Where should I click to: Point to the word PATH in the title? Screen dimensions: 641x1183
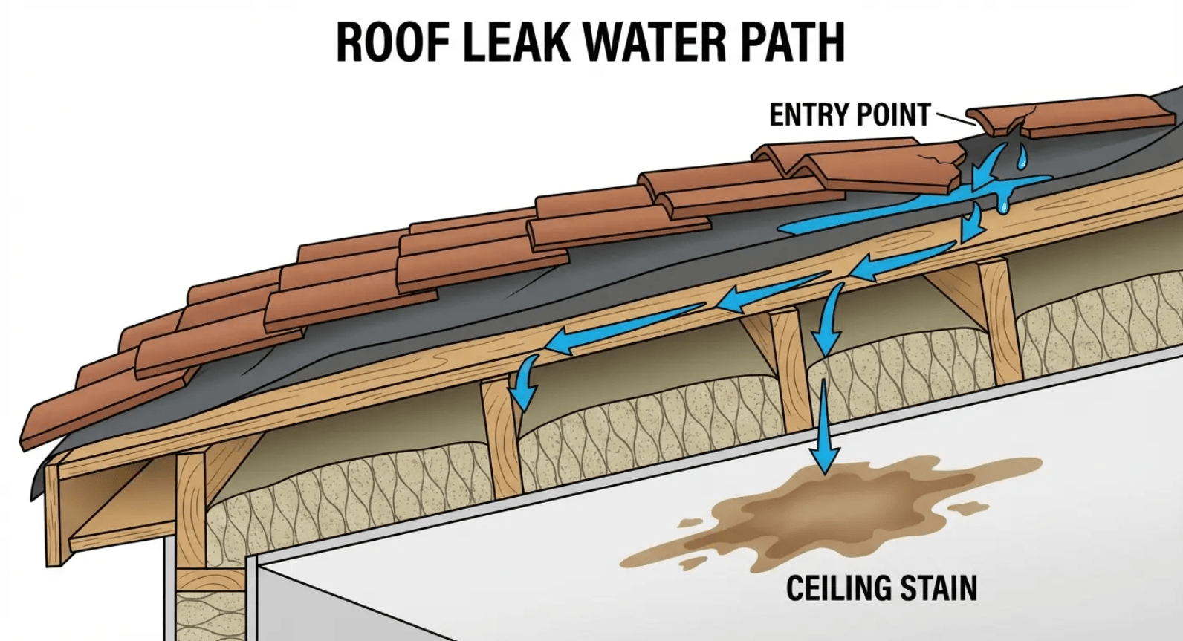coord(799,42)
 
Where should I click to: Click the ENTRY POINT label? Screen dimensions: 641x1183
coord(849,115)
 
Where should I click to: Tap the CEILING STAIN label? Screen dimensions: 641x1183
coord(881,588)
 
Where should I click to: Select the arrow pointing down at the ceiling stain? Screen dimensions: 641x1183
coord(824,431)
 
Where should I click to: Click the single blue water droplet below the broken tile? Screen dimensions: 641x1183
coord(1023,157)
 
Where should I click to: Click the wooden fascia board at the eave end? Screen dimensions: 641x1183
coord(53,513)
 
